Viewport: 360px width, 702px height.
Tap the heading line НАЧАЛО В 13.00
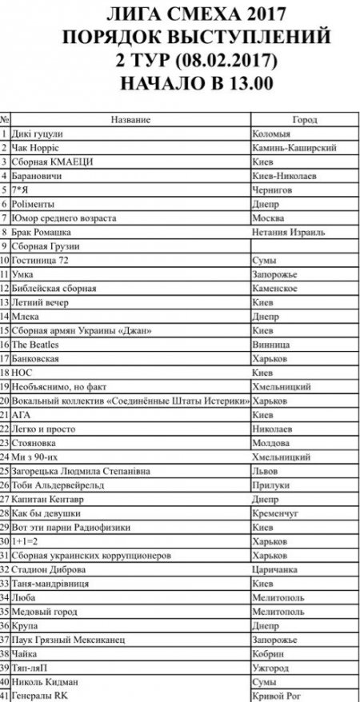tap(179, 82)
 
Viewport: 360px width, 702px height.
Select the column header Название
tap(130, 119)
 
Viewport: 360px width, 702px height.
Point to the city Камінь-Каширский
tap(294, 148)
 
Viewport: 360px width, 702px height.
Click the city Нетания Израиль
tap(288, 232)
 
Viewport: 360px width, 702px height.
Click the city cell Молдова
tap(270, 442)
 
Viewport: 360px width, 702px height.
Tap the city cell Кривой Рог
tap(276, 696)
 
